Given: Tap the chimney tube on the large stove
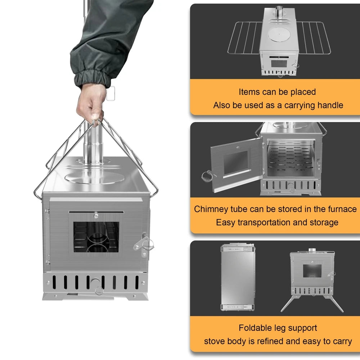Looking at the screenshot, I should pyautogui.click(x=93, y=144).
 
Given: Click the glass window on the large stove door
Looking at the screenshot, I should pyautogui.click(x=96, y=237).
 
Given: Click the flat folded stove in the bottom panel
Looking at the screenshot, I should pyautogui.click(x=238, y=277).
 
